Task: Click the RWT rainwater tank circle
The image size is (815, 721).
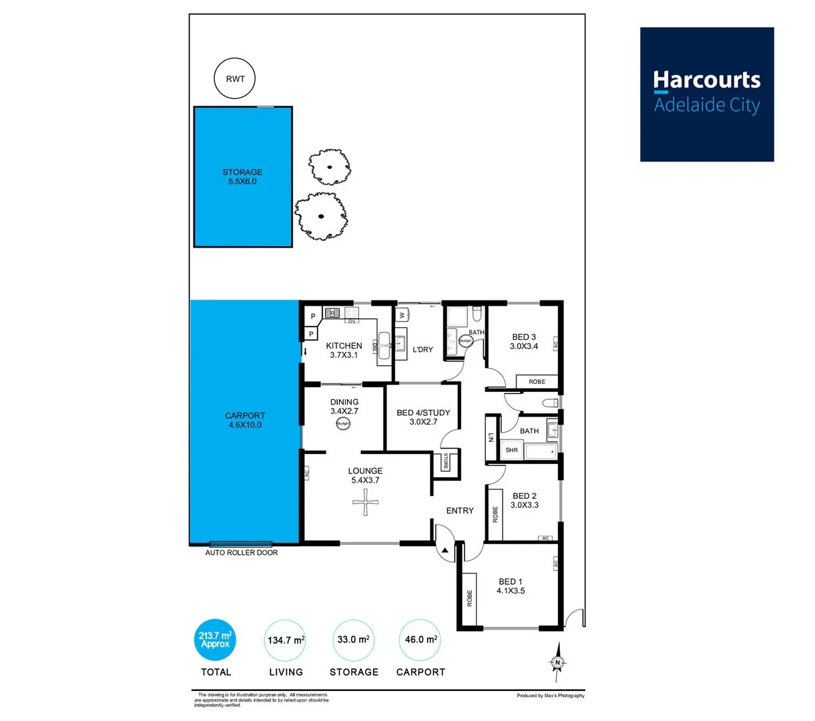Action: [x=234, y=79]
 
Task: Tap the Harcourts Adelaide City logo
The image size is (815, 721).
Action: [x=706, y=94]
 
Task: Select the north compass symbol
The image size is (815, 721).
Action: [x=557, y=662]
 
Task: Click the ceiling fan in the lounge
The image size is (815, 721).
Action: [x=365, y=502]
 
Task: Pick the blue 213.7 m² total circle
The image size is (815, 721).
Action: [x=215, y=640]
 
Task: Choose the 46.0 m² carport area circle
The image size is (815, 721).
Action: [x=420, y=640]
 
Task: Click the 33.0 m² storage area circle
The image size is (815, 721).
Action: [x=353, y=640]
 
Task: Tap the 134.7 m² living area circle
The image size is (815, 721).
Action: [x=286, y=640]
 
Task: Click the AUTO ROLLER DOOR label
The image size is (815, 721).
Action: [x=241, y=553]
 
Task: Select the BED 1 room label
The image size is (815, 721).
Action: [x=511, y=586]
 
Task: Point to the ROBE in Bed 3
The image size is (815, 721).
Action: [x=537, y=382]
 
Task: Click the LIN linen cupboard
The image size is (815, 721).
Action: [x=491, y=438]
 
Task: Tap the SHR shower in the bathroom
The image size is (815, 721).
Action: [x=511, y=451]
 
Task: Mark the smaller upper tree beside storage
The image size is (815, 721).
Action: [x=329, y=167]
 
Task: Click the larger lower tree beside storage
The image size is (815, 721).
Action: [x=321, y=216]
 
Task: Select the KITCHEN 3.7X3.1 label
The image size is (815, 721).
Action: [x=344, y=350]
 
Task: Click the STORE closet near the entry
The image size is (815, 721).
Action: [x=446, y=462]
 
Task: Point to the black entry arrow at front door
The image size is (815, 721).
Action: [x=445, y=550]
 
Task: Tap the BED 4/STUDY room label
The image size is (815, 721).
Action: [x=423, y=417]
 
